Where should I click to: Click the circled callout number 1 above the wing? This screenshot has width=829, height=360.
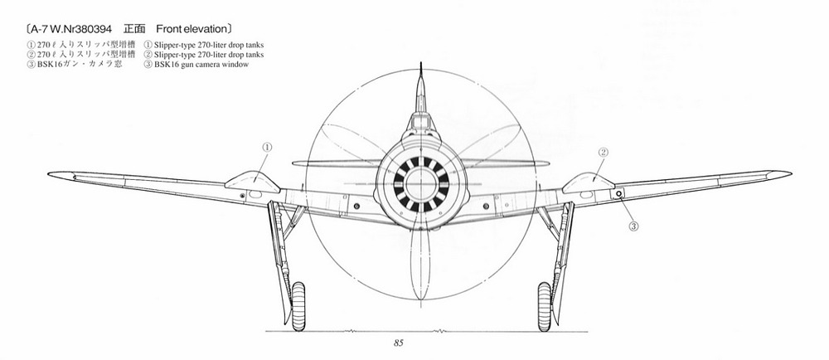pos(267,147)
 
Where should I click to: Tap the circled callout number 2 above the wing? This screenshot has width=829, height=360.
pos(604,153)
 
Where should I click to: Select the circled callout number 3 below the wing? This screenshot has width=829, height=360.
pos(633,226)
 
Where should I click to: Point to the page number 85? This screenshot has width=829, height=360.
pos(399,343)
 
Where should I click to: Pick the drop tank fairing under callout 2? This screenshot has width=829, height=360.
pos(588,182)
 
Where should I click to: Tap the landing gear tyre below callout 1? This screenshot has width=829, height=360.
pos(298,307)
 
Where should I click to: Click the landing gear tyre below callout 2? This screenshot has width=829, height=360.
pos(545,307)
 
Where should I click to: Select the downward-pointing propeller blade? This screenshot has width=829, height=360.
pos(421,265)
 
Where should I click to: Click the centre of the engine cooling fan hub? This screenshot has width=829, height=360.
pos(421,184)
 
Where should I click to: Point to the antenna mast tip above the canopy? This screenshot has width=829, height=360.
pos(421,63)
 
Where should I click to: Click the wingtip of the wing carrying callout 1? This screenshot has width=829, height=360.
pos(50,174)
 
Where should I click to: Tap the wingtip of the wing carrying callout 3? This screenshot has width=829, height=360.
pos(789,173)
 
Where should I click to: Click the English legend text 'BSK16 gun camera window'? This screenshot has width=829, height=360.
pos(201,65)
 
